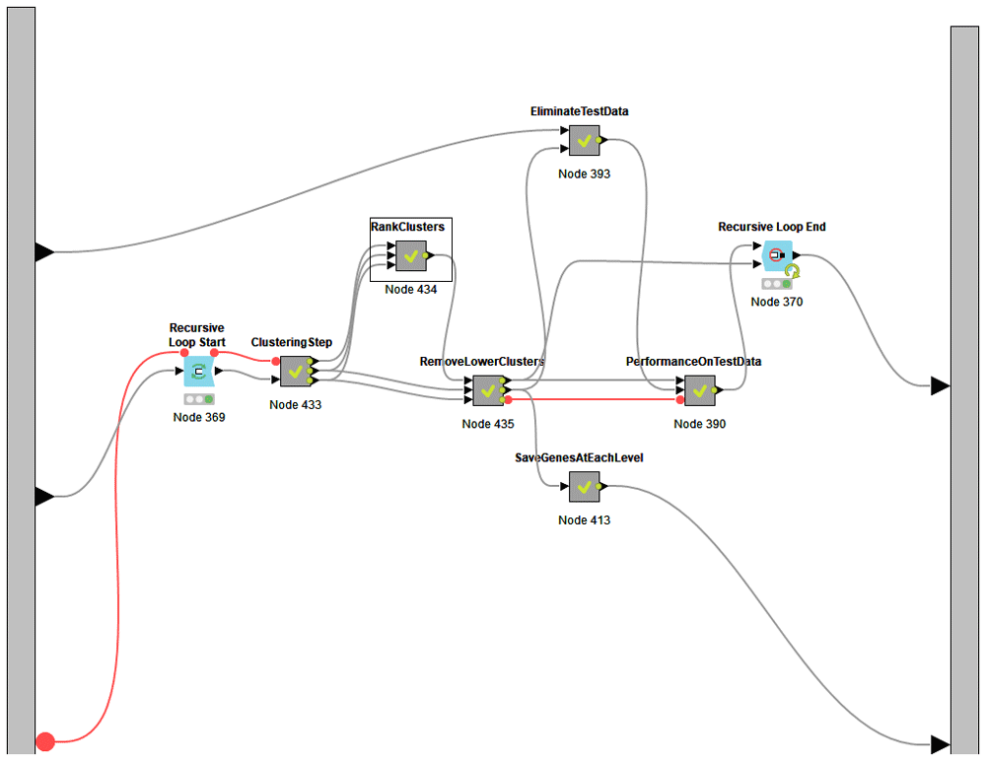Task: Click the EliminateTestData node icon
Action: point(585,141)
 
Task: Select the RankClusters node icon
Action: point(411,255)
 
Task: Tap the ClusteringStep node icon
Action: point(295,371)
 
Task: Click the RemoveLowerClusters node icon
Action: point(487,390)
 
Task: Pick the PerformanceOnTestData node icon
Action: point(700,390)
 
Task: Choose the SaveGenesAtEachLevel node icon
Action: point(585,486)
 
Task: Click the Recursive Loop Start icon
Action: point(199,372)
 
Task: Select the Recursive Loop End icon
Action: point(776,255)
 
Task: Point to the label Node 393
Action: point(585,174)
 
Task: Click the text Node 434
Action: point(411,290)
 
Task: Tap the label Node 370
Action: point(777,302)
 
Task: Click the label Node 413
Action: point(585,519)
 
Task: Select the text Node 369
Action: point(199,417)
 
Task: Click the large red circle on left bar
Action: point(45,741)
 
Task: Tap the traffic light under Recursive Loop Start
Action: point(199,399)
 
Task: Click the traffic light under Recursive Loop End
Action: point(777,284)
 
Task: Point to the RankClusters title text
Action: point(407,227)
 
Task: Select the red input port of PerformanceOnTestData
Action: point(680,400)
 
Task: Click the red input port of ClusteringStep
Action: point(276,361)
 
